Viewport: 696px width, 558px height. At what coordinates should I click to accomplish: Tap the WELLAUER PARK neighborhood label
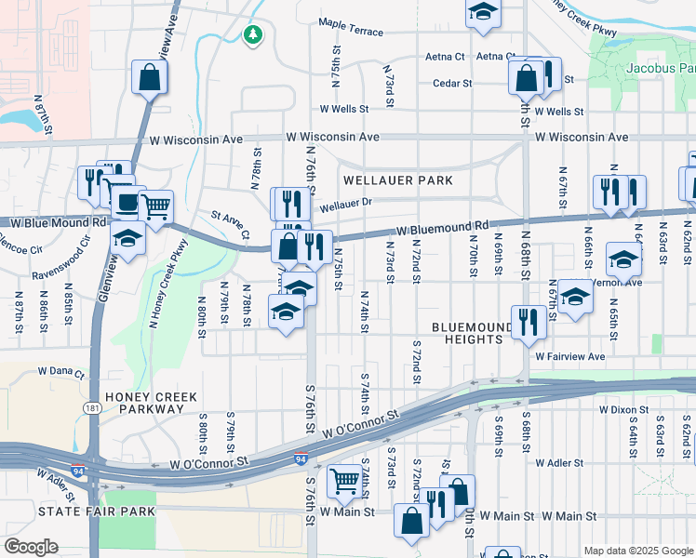(x=397, y=179)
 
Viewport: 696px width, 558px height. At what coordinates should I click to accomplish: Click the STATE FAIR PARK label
(x=88, y=511)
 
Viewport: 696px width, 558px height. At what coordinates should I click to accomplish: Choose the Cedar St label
(x=452, y=83)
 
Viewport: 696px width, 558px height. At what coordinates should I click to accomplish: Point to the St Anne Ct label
(x=231, y=221)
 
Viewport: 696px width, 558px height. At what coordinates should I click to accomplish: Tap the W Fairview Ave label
(x=569, y=356)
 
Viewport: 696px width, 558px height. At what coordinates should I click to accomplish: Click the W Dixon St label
(x=623, y=408)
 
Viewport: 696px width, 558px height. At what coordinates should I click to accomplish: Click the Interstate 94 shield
(x=301, y=458)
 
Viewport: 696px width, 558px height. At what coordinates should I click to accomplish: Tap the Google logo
(x=31, y=547)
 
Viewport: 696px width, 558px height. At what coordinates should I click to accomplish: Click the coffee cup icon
(x=125, y=199)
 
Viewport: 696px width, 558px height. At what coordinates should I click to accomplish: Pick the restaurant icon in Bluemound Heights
(x=528, y=322)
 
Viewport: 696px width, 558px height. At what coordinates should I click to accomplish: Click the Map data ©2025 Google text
(x=636, y=550)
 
